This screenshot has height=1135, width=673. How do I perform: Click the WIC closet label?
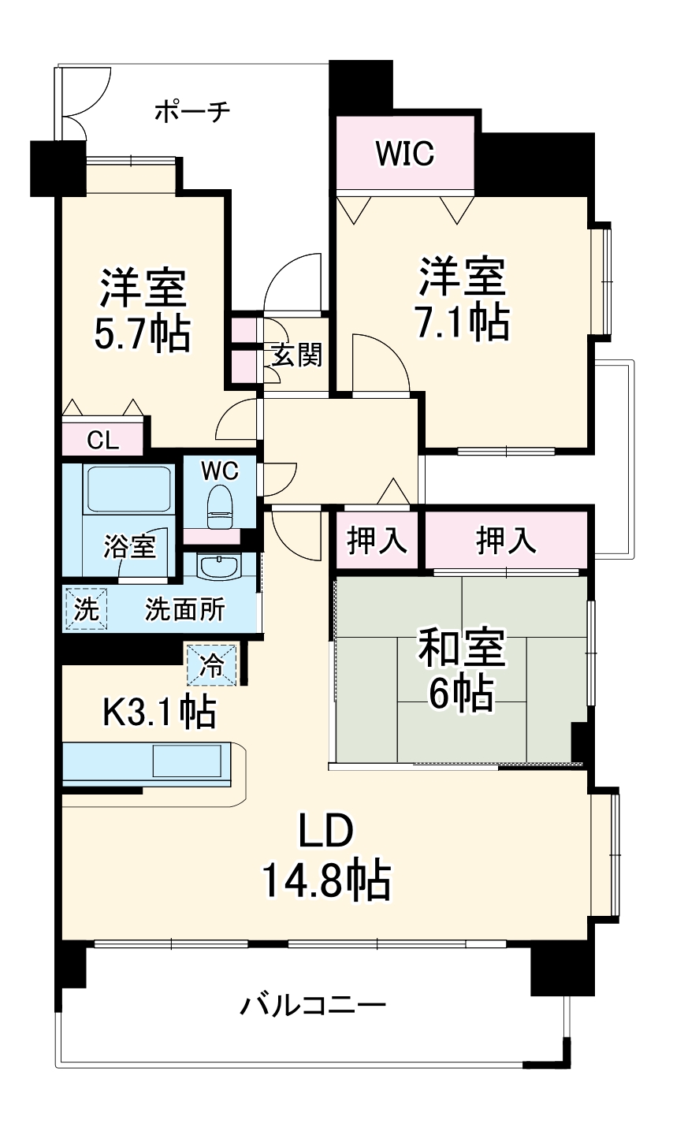pos(404,153)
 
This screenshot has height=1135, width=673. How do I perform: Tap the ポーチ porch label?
pos(191,111)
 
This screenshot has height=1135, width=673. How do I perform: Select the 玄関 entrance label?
pos(297,356)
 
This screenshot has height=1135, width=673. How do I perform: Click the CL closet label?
pos(102,440)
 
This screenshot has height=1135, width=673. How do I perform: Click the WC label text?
pos(219,471)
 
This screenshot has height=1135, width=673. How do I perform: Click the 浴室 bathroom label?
pos(129,546)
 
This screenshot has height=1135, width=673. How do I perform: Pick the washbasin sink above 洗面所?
pos(219,567)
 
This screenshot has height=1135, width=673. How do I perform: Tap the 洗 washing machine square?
pos(85,609)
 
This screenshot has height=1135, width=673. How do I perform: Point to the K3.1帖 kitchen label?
pos(159,713)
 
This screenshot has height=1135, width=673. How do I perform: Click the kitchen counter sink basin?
pos(188,762)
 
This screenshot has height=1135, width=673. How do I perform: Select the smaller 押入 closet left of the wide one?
pos(377,541)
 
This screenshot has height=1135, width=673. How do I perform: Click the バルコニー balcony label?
pos(313,1006)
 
